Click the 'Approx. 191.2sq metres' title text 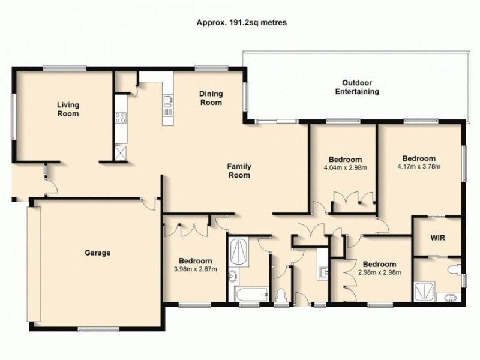(x=242, y=23)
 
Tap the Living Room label (x=68, y=109)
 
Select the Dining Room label (x=211, y=98)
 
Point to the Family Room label (x=239, y=171)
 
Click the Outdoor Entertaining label (x=357, y=87)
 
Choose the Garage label (x=97, y=253)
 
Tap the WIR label (x=437, y=238)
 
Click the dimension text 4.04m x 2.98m (x=346, y=168)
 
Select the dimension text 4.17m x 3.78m (x=419, y=167)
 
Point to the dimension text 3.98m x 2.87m (x=196, y=269)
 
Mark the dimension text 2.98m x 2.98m (x=379, y=272)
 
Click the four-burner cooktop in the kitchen (x=121, y=118)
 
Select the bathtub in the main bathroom (x=251, y=294)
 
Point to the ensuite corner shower (x=424, y=292)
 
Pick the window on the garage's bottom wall (x=98, y=329)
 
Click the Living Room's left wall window (x=13, y=116)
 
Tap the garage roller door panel (x=34, y=264)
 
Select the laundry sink (x=323, y=272)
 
